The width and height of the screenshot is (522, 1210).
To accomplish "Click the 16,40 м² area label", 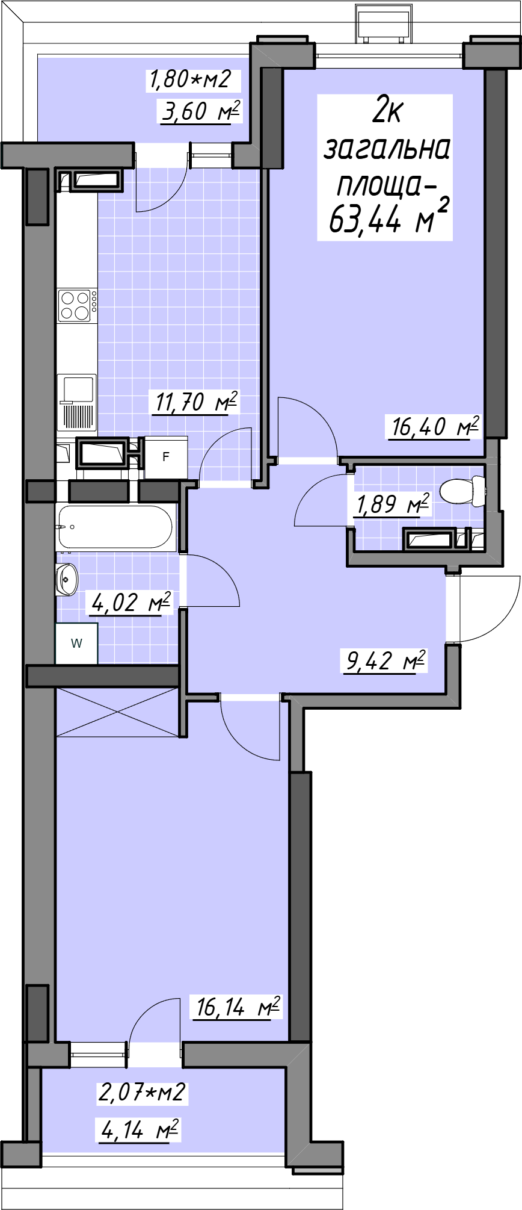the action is point(435,427).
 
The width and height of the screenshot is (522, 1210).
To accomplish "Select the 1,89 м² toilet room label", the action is point(393,504).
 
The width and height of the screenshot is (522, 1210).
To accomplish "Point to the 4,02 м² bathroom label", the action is point(130,601).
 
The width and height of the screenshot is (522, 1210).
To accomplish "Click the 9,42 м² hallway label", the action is point(385,660).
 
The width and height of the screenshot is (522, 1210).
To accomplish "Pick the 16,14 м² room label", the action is point(238,1006).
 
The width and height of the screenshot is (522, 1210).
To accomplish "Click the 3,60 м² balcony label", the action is point(201,111).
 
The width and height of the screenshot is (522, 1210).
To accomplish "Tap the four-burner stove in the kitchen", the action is point(75,305).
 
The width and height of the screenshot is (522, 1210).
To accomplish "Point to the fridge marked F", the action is point(165,458).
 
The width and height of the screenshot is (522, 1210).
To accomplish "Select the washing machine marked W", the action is point(76,644).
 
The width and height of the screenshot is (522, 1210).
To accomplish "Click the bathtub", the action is point(116,527).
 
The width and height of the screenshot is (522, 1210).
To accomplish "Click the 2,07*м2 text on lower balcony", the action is point(143,1093).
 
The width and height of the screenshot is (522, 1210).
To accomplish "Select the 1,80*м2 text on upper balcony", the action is point(189,79).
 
